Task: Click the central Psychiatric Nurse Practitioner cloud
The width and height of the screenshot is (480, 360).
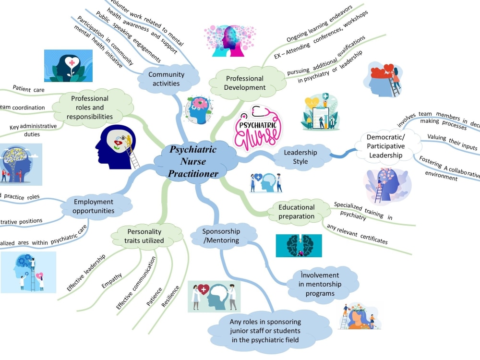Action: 193,161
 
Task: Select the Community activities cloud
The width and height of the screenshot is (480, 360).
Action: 166,79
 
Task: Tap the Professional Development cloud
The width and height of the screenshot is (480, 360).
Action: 245,83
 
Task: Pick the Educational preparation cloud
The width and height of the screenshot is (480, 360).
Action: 297,212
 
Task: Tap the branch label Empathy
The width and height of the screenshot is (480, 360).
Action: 111,281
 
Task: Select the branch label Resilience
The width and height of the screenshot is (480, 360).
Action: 171,296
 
